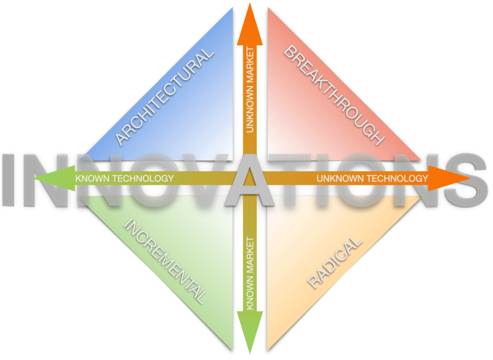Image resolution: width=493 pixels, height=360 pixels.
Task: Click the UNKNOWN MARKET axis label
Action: coord(249,90)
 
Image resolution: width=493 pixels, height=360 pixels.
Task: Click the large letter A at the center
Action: coord(249,180)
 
